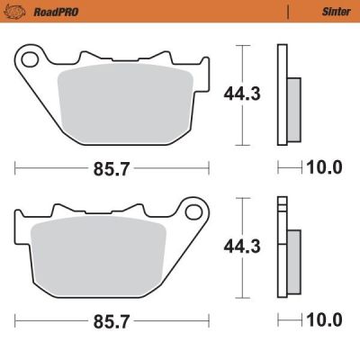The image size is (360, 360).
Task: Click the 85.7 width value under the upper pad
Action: point(112,167)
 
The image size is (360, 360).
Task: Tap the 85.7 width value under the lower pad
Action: point(112,319)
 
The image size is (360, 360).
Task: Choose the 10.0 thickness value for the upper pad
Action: point(324,167)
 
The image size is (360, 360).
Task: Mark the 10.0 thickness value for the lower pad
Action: point(324,319)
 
